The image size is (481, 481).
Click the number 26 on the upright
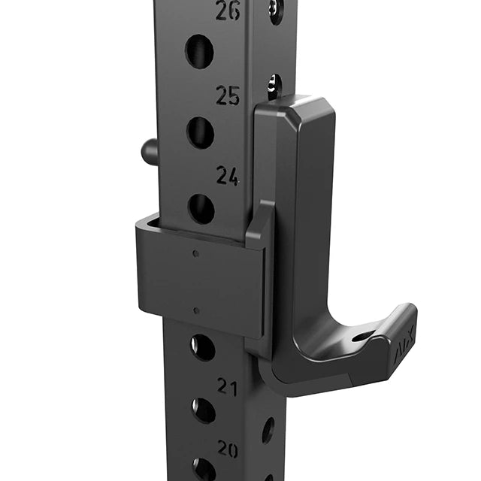[228, 11]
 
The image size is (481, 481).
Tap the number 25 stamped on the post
[228, 95]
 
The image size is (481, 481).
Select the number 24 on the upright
[228, 175]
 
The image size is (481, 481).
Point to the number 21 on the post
[228, 386]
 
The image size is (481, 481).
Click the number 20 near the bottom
[228, 449]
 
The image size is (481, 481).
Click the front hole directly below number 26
[199, 51]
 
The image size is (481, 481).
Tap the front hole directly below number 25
[200, 132]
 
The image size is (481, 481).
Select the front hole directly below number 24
[201, 208]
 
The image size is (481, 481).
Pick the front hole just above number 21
[202, 346]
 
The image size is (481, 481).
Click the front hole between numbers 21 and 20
[203, 410]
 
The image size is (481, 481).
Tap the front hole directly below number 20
[204, 469]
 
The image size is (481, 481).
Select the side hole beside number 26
[276, 10]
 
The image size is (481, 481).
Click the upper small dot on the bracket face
[196, 254]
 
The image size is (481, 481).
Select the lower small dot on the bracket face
[196, 310]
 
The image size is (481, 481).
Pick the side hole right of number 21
[268, 429]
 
